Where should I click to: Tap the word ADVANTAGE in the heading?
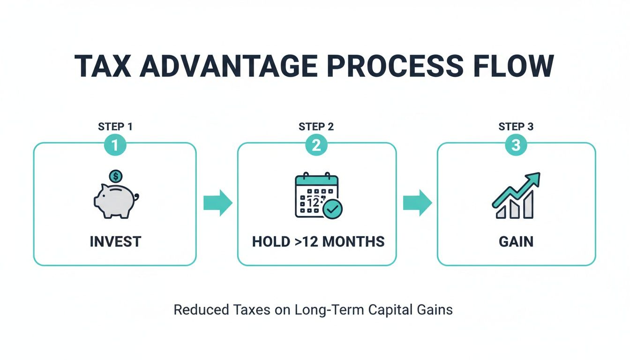(x=227, y=66)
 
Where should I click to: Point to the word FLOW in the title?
(x=513, y=66)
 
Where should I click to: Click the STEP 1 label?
(x=115, y=127)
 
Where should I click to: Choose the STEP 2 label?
(x=316, y=127)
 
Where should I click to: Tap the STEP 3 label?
(x=516, y=127)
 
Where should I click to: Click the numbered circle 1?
(x=115, y=146)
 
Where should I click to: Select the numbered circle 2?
(x=316, y=146)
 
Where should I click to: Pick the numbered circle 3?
(x=516, y=146)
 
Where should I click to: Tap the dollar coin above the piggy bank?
(x=115, y=177)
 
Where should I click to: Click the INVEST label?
(x=115, y=242)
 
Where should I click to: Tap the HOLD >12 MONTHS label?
(x=318, y=242)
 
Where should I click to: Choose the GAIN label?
(x=516, y=242)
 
